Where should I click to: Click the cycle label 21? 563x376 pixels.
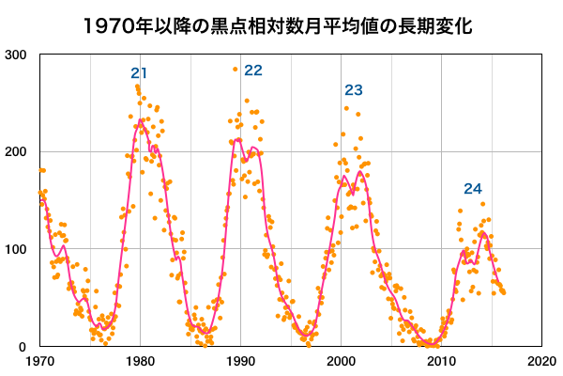click(x=140, y=73)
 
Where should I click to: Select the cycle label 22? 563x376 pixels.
click(x=253, y=70)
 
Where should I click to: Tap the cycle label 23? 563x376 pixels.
click(x=354, y=90)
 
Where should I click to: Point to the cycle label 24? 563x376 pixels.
click(x=472, y=188)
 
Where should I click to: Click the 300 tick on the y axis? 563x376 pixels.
click(x=16, y=55)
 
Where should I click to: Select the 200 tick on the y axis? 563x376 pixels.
click(x=16, y=152)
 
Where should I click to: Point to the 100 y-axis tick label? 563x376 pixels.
click(x=16, y=250)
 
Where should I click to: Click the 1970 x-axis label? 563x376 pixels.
click(x=39, y=362)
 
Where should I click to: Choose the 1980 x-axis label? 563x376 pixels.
click(x=140, y=362)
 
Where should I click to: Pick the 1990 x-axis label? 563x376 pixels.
click(x=240, y=362)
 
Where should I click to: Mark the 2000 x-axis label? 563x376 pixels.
click(x=341, y=362)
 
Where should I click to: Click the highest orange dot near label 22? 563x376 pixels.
click(x=236, y=70)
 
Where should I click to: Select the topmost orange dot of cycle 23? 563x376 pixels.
click(x=346, y=108)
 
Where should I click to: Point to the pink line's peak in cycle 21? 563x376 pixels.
click(x=141, y=119)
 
